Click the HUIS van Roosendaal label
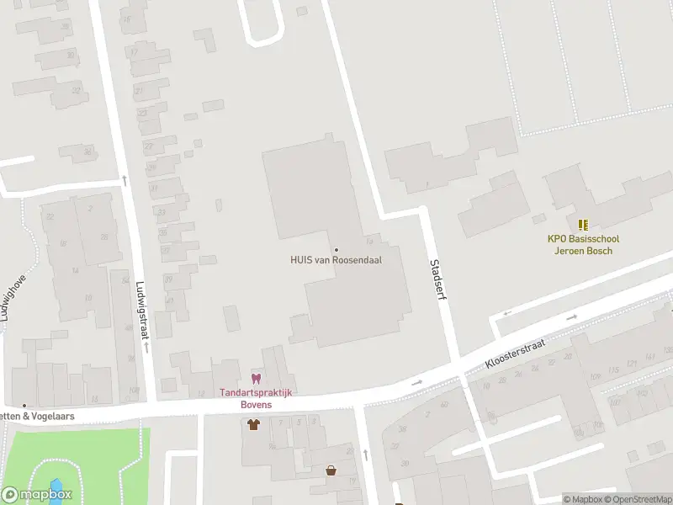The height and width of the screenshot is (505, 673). (336, 260)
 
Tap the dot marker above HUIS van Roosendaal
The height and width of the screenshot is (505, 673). (336, 249)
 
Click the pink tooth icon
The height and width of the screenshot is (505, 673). (256, 380)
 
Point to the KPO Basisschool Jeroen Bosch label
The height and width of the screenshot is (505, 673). (581, 245)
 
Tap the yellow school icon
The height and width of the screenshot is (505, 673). (582, 224)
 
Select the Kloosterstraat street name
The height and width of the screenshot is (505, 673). (516, 353)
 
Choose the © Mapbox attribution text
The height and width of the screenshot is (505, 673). (581, 500)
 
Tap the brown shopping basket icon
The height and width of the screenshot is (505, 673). (331, 470)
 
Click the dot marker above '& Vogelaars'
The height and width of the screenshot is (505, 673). (24, 406)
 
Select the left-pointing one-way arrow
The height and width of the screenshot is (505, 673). (506, 313)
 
